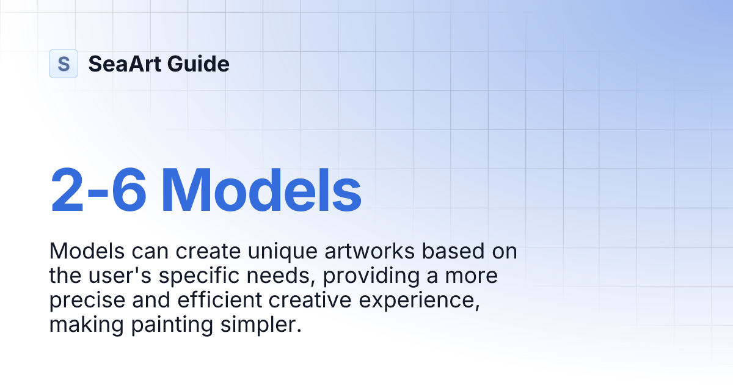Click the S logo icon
pyautogui.click(x=64, y=64)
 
